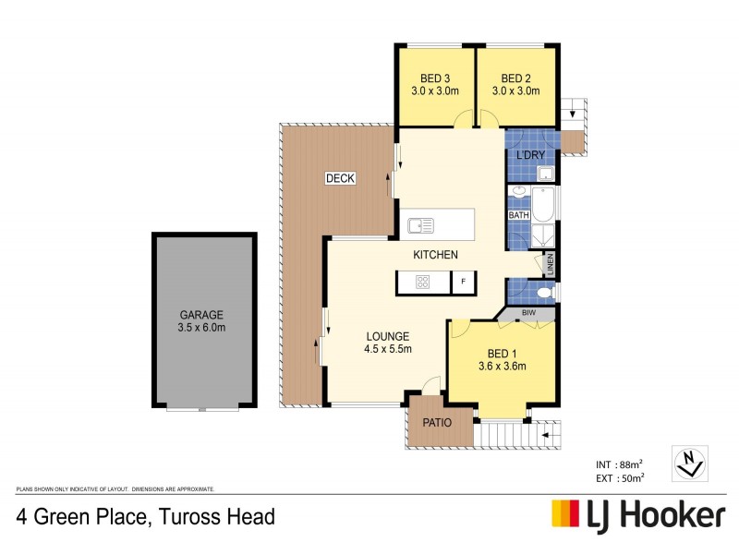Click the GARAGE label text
[x=201, y=315]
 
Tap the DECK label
[x=340, y=178]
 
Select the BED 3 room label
[x=435, y=78]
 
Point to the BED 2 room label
[x=515, y=78]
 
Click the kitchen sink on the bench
[x=421, y=223]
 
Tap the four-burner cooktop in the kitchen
[x=422, y=282]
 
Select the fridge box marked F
[x=463, y=282]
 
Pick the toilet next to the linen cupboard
[x=544, y=294]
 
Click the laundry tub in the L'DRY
[x=544, y=175]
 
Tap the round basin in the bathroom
[x=518, y=193]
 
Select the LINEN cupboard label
[x=550, y=264]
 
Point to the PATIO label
[x=436, y=423]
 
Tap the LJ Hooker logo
[x=638, y=513]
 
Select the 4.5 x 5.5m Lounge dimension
[x=387, y=349]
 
